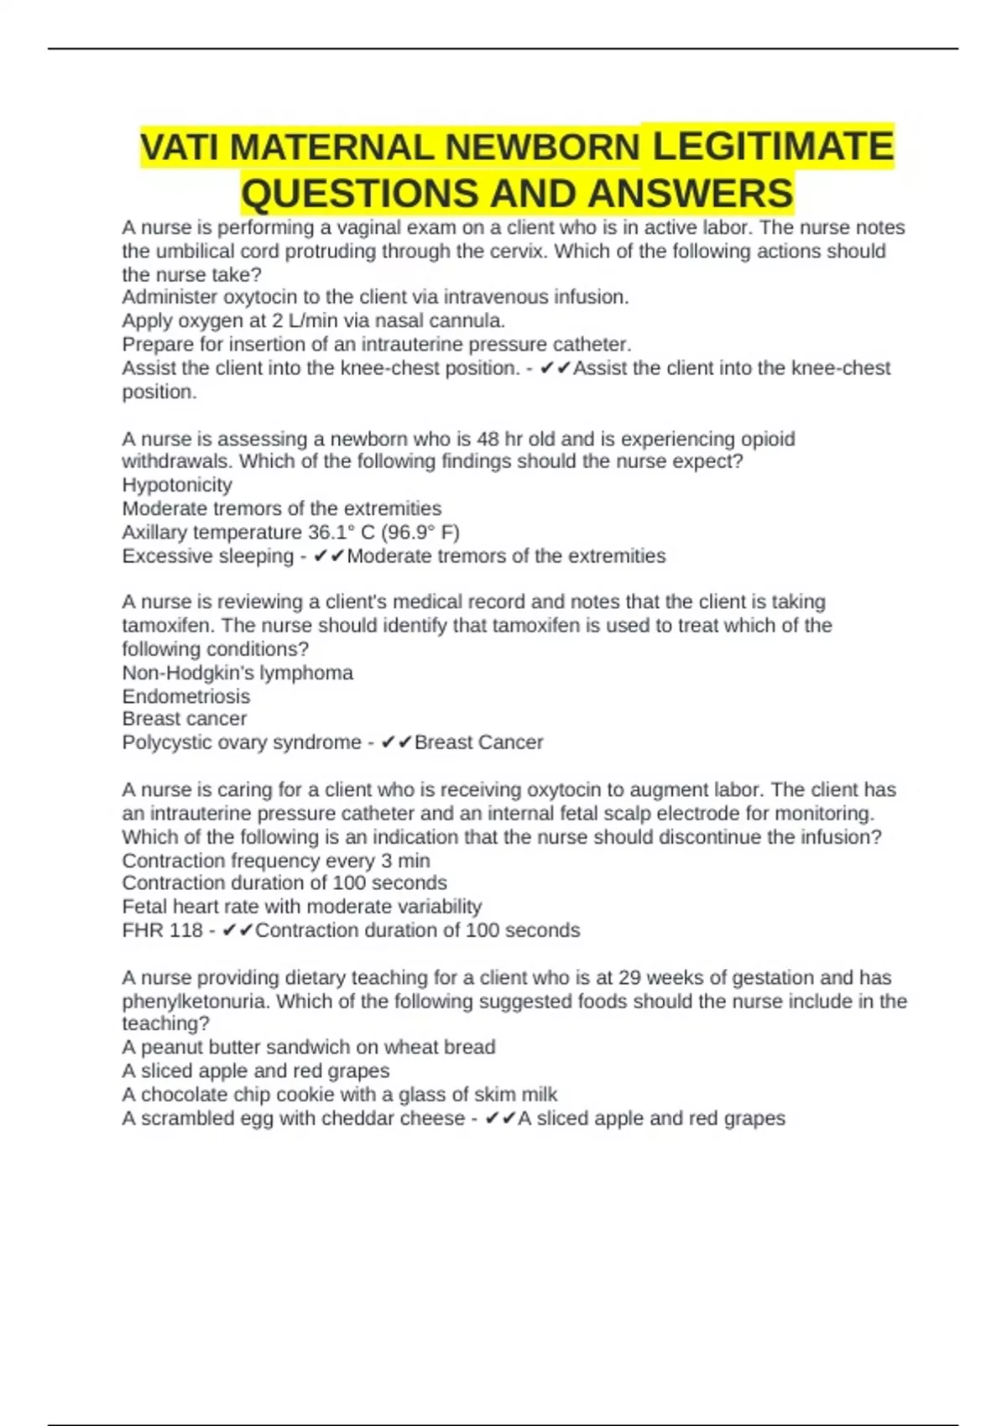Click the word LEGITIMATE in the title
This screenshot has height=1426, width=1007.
tap(772, 146)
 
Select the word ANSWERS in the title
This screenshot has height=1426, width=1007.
tap(690, 194)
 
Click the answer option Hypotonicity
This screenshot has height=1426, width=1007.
tap(177, 485)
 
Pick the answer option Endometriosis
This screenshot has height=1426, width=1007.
tap(186, 696)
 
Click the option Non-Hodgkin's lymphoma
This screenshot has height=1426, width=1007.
tap(237, 673)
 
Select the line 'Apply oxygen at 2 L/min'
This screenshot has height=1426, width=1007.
tap(313, 320)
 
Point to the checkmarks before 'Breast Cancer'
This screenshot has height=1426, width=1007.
tap(396, 742)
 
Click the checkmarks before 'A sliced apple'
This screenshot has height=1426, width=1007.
tap(500, 1118)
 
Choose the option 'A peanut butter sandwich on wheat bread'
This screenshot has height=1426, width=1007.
tap(308, 1047)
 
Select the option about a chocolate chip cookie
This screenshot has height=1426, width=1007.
tap(339, 1094)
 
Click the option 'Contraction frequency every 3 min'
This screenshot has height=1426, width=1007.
tap(275, 861)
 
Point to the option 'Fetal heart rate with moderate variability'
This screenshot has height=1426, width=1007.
tap(301, 907)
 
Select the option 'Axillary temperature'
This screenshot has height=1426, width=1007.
tap(290, 532)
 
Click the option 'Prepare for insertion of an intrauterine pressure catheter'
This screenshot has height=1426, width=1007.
tap(376, 344)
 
